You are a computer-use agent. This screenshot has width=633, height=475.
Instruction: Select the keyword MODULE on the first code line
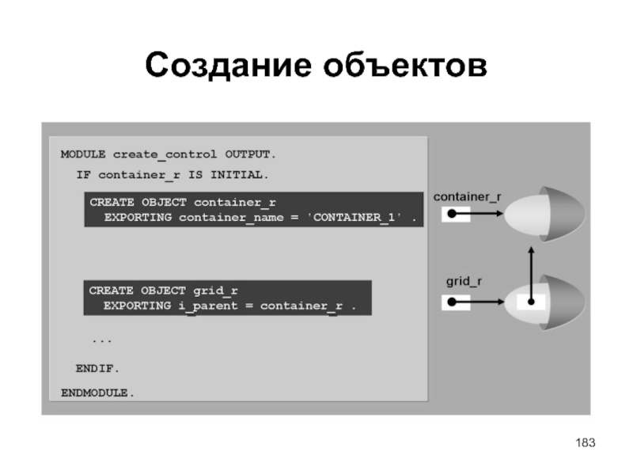[83, 154]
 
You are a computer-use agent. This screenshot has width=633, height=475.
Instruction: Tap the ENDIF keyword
[97, 368]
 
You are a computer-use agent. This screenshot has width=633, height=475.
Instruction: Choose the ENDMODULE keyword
[97, 392]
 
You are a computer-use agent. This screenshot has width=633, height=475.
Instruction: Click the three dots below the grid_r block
[101, 339]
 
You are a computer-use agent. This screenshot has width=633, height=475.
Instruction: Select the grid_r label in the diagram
[462, 280]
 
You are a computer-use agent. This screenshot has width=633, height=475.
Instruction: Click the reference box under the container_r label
[456, 215]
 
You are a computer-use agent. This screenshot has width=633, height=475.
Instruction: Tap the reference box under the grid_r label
[456, 302]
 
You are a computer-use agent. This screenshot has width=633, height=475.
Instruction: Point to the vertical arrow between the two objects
[531, 273]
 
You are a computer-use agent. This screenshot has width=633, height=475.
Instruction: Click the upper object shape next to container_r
[546, 215]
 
